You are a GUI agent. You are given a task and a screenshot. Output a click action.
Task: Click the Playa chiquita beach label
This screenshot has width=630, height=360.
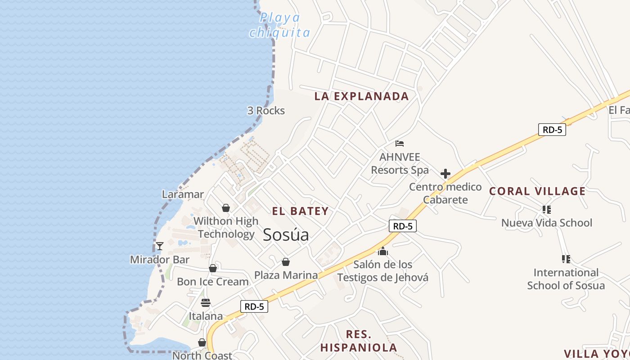[x=280, y=25]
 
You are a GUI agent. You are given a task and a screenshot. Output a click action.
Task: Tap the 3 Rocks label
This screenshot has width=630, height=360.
[x=266, y=111]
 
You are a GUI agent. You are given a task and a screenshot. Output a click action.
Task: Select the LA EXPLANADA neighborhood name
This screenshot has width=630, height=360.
[x=361, y=96]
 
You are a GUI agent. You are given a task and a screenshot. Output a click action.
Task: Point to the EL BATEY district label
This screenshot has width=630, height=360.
[x=300, y=211]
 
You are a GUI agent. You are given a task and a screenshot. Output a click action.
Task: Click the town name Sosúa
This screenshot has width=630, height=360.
[x=286, y=234]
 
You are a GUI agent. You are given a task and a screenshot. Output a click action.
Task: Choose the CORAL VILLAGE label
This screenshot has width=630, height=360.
[x=537, y=191]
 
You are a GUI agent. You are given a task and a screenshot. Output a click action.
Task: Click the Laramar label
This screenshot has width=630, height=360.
[x=183, y=194]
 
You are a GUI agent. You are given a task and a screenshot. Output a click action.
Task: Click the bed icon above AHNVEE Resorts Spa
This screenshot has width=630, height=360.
[x=400, y=144]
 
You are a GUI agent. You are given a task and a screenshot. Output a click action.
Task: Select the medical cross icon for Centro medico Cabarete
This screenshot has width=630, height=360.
[x=445, y=174]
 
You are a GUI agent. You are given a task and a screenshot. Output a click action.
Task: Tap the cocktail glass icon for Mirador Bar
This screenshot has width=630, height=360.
[x=160, y=246]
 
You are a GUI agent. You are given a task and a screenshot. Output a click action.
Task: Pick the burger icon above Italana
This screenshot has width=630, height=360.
[x=206, y=302]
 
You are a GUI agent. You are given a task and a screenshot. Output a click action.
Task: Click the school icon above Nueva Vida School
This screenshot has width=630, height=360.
[x=547, y=209]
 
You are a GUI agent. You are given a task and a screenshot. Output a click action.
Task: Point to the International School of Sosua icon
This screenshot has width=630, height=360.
[x=566, y=259]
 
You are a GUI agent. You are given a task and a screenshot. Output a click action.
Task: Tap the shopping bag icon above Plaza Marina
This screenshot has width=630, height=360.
[x=286, y=262]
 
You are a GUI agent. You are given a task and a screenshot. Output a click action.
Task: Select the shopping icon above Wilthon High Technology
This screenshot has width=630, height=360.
[x=226, y=208]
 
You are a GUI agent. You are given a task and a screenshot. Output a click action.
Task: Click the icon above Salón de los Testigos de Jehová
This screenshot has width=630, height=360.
[x=383, y=251]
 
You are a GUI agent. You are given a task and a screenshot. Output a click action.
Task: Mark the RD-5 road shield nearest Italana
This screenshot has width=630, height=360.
[x=254, y=306]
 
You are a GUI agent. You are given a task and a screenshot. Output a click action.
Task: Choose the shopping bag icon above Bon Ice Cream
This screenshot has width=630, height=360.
[x=213, y=269]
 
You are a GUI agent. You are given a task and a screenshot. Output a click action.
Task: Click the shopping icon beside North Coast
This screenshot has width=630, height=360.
[x=202, y=343]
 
